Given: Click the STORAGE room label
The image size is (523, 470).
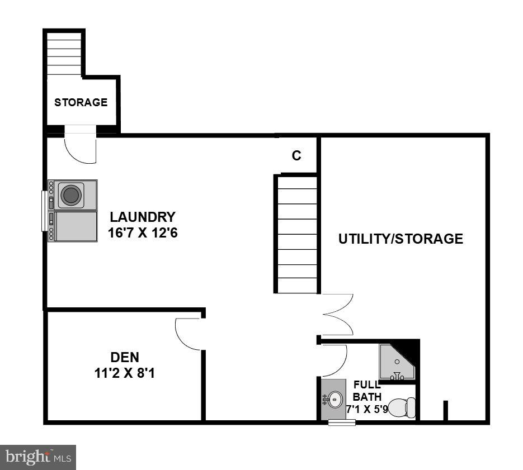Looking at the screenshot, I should click(x=81, y=102).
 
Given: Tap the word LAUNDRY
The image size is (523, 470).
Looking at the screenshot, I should click(x=142, y=217).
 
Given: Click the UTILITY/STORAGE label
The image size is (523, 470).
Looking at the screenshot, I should click(x=401, y=239).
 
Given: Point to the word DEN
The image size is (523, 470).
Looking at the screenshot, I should click(x=124, y=357).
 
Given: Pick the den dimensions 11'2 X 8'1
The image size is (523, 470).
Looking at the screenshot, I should click(x=124, y=373).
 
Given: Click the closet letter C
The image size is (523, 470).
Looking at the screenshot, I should click(x=296, y=156).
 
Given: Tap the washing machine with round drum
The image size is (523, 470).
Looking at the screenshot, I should click(x=71, y=194).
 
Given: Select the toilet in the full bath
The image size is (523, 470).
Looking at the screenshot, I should click(x=402, y=407).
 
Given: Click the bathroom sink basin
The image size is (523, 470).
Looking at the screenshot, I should click(x=334, y=399).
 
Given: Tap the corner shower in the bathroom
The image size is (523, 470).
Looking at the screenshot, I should click(x=396, y=362).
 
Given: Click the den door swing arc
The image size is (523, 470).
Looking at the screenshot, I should click(x=187, y=334).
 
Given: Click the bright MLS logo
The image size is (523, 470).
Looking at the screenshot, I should click(x=38, y=457).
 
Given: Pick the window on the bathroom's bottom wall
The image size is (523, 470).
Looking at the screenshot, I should click(x=342, y=422).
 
